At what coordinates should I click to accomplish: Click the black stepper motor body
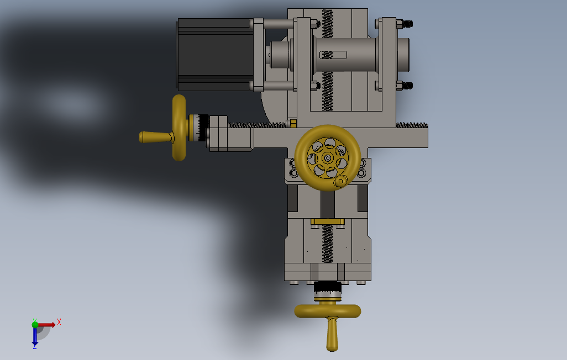click(215, 54)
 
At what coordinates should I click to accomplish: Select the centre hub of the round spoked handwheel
click(328, 158)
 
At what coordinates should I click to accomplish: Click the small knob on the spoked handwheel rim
click(340, 181)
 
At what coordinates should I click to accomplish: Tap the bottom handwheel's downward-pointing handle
click(332, 334)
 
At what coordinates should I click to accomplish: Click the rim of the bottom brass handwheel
click(328, 311)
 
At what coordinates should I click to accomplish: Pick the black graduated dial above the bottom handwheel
click(328, 287)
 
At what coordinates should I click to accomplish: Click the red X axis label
click(59, 322)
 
